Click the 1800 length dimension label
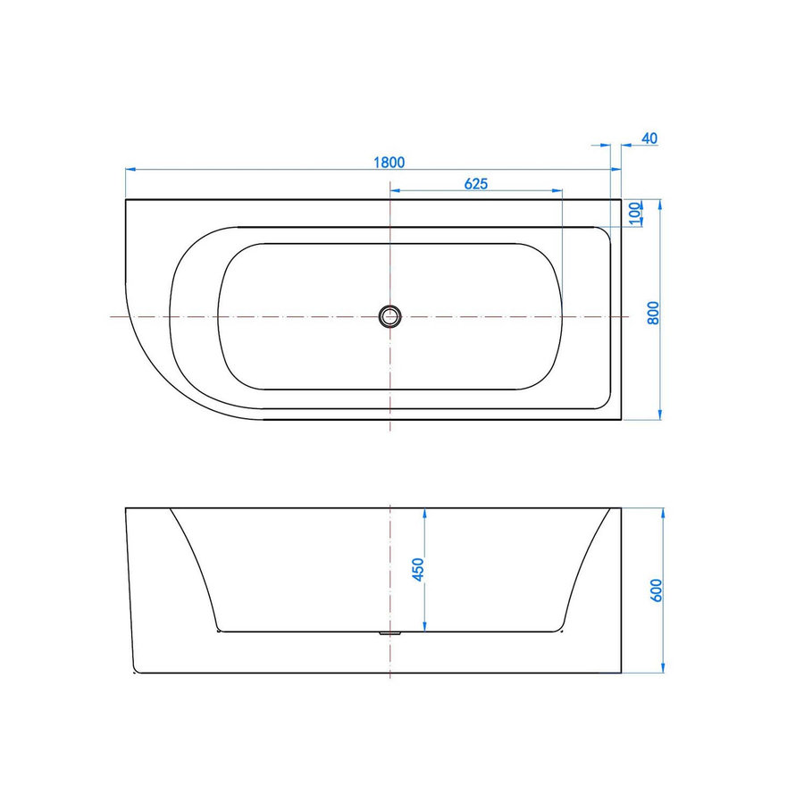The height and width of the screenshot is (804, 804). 389,163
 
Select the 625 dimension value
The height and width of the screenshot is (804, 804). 475,185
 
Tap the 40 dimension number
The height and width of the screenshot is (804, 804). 649,138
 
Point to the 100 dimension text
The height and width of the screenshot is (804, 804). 635,214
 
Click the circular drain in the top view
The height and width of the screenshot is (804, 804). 390,315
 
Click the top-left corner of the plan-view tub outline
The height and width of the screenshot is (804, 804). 126,199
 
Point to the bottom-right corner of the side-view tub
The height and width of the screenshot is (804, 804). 621,673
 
